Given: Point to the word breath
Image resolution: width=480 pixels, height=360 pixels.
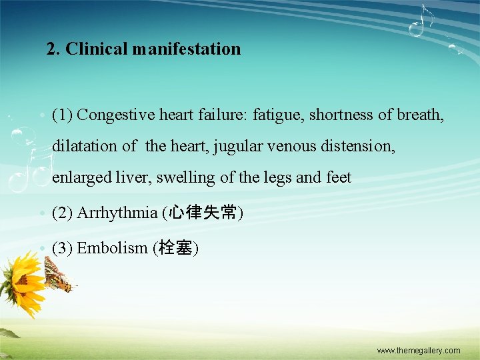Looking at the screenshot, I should coord(419,115).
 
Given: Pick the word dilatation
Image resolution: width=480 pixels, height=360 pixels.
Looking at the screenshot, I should coord(85,146).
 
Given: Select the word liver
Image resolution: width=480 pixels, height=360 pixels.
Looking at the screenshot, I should coord(134,177).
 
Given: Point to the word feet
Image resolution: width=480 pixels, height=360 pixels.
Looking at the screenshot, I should coord(338,177).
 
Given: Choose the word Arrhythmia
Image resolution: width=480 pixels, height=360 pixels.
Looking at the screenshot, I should coord(117,213).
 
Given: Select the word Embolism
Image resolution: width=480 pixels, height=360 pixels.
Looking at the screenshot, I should coord(112,248).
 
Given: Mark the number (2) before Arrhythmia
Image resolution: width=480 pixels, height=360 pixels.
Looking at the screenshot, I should coord(63,213).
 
